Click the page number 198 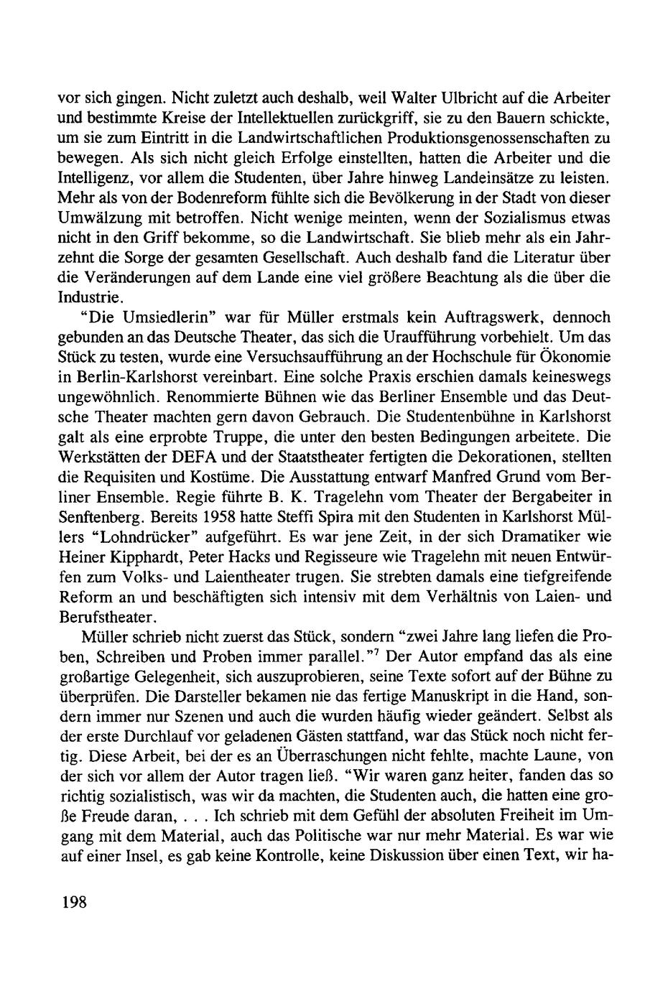point(72,903)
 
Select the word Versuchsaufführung point(311,357)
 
